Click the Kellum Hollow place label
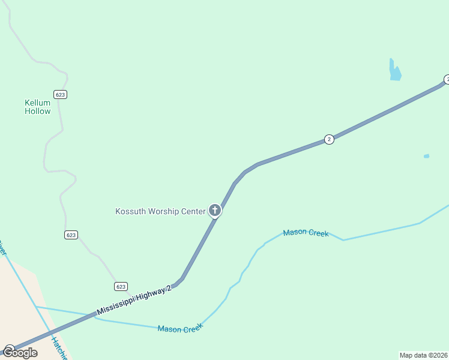(37, 107)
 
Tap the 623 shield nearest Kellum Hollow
(59, 94)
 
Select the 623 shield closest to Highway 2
(121, 286)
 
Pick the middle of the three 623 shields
(71, 235)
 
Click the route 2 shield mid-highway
(329, 139)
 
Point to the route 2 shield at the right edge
(446, 79)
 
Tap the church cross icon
(214, 210)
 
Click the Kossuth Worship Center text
(160, 211)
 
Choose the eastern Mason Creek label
(306, 233)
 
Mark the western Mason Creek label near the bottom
(180, 328)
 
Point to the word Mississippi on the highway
(116, 308)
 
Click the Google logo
(20, 352)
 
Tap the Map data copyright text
(424, 355)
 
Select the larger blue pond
(394, 72)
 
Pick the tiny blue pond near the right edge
(426, 156)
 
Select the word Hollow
(37, 111)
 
